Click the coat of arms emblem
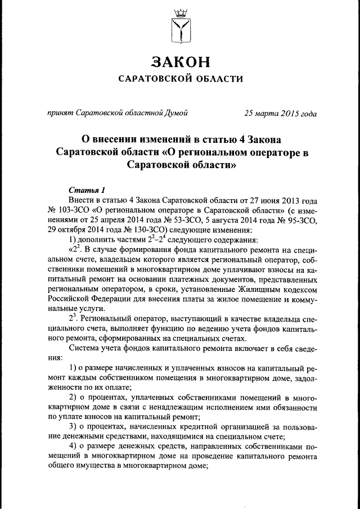click(180, 25)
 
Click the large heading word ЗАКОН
click(180, 61)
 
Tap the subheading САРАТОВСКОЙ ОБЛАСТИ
click(180, 79)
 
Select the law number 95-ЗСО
click(298, 220)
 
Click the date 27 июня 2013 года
click(276, 200)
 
